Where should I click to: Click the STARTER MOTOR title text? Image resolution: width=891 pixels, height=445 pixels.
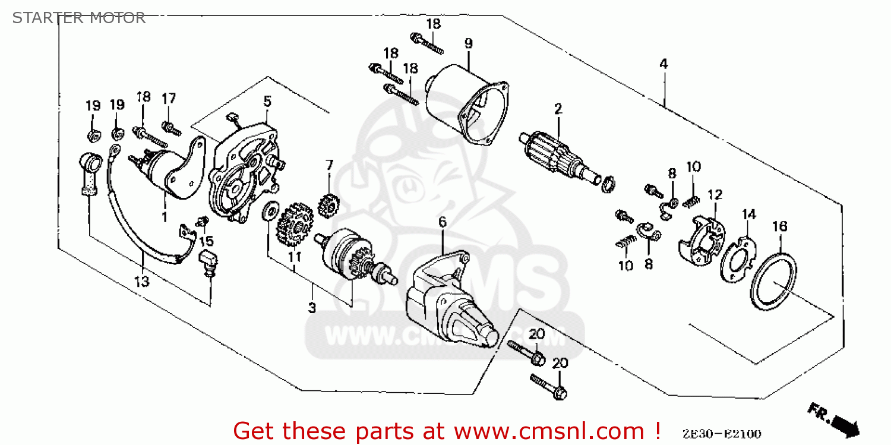click(x=79, y=18)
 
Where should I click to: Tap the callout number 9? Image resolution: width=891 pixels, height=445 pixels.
click(x=468, y=43)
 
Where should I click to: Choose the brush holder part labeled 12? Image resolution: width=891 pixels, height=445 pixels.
click(x=704, y=238)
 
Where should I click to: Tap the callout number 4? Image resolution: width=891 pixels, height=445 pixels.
click(x=663, y=64)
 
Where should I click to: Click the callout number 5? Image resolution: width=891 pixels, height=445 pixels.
click(x=267, y=101)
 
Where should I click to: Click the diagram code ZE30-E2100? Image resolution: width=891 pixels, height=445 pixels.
click(x=722, y=434)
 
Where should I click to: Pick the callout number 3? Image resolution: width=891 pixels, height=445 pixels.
click(x=312, y=307)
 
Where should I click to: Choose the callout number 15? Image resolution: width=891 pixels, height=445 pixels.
click(x=206, y=241)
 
